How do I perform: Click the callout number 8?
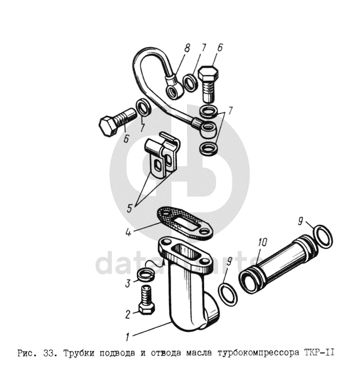pyautogui.click(x=187, y=48)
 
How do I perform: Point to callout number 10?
pyautogui.click(x=262, y=242)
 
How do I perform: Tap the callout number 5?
pyautogui.click(x=130, y=208)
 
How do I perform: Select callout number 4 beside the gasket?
pyautogui.click(x=128, y=232)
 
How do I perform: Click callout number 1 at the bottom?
pyautogui.click(x=127, y=337)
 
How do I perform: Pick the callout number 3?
pyautogui.click(x=127, y=283)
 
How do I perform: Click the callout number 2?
pyautogui.click(x=127, y=314)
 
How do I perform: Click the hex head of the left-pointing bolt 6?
pyautogui.click(x=109, y=126)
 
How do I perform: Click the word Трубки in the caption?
pyautogui.click(x=78, y=353)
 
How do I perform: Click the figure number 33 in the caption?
pyautogui.click(x=49, y=353)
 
